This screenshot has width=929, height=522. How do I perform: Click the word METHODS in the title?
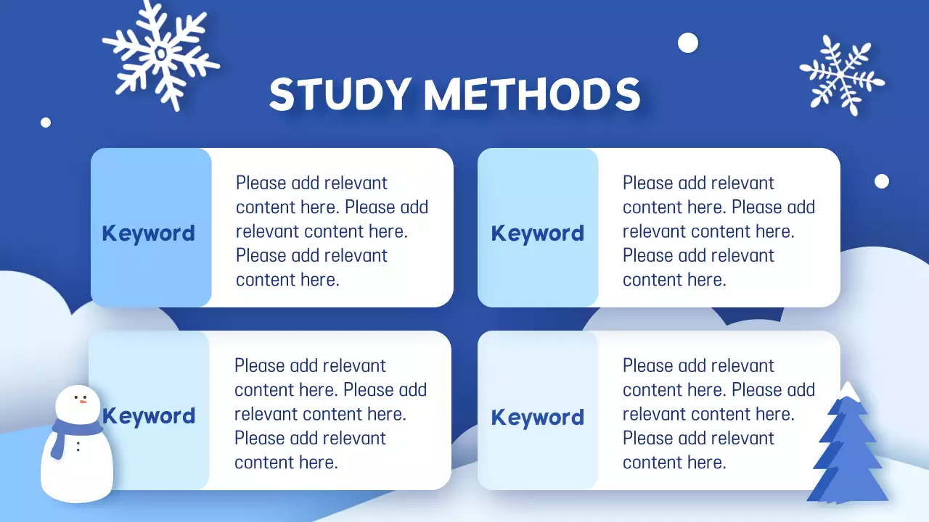532,94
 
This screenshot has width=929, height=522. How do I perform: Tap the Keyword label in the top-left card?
149,233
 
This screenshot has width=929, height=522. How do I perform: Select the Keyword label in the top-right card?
538,233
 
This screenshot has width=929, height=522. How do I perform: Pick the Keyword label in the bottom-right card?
538,418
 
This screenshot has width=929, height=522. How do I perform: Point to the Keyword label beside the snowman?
149,416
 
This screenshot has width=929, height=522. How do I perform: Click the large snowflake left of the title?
160,55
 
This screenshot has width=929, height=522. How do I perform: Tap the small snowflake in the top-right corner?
842,75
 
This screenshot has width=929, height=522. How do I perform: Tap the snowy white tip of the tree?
847,391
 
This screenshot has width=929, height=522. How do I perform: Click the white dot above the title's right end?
687,43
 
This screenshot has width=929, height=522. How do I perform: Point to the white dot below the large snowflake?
46,123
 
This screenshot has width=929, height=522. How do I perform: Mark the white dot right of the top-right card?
882,181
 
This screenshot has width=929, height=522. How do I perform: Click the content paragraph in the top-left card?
332,231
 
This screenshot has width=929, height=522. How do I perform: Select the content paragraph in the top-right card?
719,231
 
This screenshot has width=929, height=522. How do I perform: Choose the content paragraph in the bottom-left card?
330,414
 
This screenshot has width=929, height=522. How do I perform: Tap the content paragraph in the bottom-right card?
719,414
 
